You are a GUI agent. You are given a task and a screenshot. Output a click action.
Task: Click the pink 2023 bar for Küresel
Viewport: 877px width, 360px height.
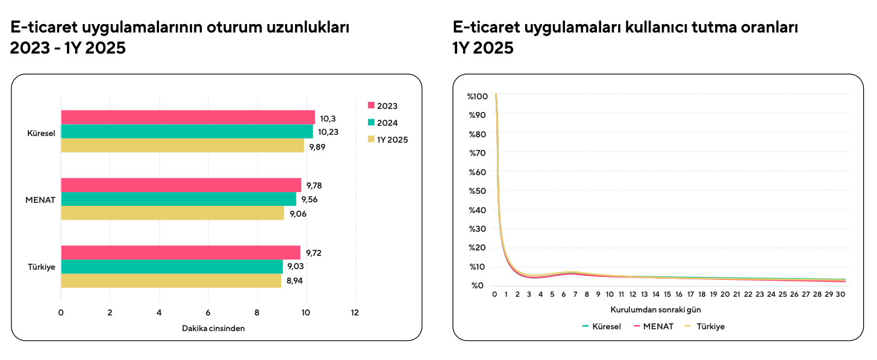coord(187,117)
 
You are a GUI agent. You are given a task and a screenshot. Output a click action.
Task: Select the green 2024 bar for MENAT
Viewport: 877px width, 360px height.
coord(178,199)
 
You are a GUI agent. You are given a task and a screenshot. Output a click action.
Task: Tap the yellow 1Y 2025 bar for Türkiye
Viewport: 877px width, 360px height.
coord(171,281)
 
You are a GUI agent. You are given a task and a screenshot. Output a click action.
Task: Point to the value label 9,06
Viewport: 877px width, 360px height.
coord(298,214)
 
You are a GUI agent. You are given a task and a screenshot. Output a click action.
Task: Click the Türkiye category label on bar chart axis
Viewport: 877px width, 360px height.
coord(42,267)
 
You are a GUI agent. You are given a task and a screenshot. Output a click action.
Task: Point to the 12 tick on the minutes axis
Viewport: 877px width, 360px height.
coord(355,312)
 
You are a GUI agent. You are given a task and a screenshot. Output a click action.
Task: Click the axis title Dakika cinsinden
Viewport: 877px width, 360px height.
coord(213,328)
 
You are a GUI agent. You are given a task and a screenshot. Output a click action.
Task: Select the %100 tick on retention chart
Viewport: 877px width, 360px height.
coord(477,96)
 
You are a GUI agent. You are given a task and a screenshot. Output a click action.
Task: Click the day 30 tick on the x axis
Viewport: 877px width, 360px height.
coord(841,294)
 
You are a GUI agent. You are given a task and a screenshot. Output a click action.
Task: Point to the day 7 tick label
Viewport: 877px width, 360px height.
coord(575,294)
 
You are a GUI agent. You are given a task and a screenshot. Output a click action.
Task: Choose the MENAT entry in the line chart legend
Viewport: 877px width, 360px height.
coord(654,326)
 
